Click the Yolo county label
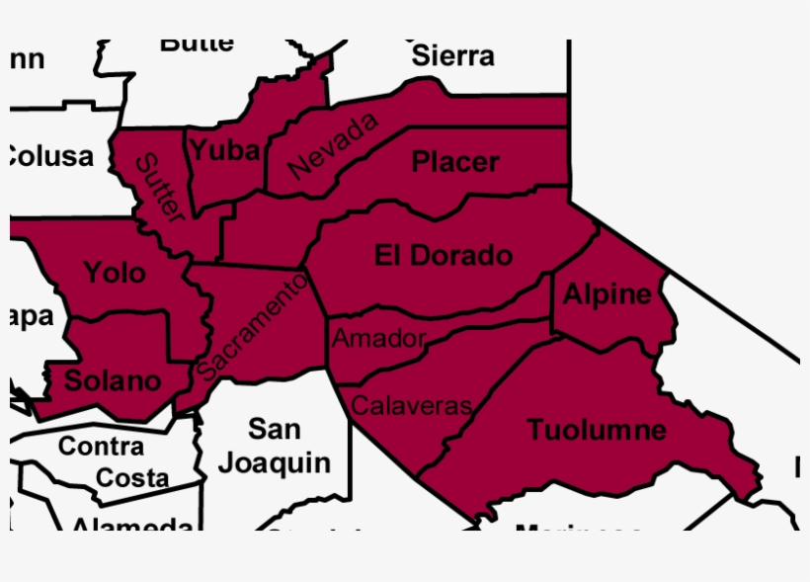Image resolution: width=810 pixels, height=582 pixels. click(114, 272)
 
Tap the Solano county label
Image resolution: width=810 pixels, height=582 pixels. click(112, 379)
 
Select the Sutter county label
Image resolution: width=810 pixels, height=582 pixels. click(159, 188)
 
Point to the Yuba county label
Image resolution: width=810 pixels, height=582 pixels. click(225, 150)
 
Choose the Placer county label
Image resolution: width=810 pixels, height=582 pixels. click(455, 161)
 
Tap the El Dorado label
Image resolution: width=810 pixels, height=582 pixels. click(444, 255)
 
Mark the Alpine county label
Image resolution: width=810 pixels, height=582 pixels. click(607, 293)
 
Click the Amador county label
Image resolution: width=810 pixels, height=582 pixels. click(378, 339)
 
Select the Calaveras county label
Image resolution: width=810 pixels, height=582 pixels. click(412, 405)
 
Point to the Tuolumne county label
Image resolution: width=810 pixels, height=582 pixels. click(596, 430)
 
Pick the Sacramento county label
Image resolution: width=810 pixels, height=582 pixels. click(253, 327)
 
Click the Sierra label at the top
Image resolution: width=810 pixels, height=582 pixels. click(452, 55)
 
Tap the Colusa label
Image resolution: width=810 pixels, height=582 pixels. click(49, 155)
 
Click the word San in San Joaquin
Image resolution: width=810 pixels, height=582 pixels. click(274, 429)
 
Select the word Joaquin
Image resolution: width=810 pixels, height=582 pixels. click(274, 461)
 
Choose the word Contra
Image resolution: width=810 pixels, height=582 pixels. click(101, 446)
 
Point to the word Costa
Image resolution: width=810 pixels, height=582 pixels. click(132, 478)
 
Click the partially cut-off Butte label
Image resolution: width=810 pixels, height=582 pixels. click(197, 44)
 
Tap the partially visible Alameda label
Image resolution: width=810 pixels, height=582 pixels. click(132, 524)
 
